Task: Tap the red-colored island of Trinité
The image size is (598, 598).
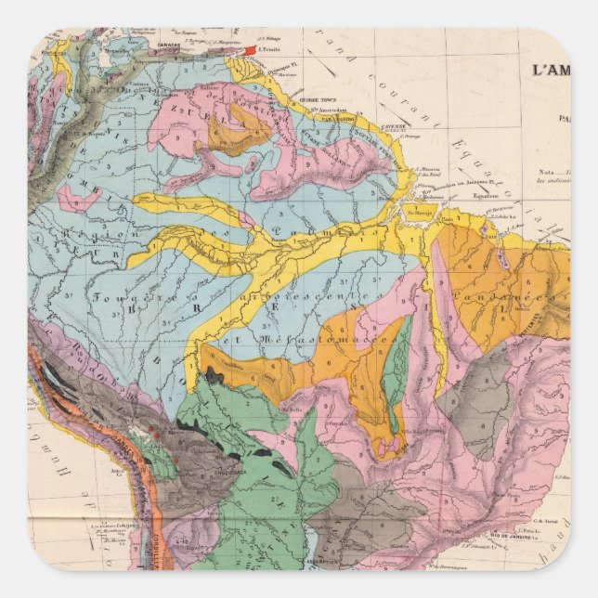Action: point(250,49)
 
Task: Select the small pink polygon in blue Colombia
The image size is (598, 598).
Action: point(72,198)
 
